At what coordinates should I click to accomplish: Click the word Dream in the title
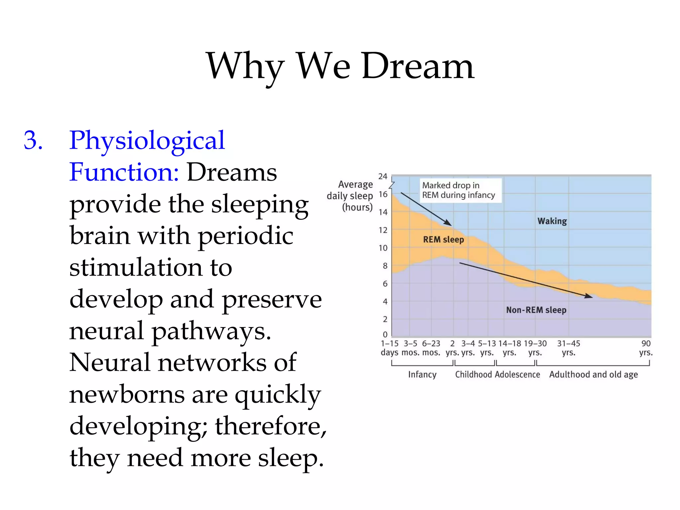(418, 66)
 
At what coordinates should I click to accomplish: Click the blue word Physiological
(147, 140)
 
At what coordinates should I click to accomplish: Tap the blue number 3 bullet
(33, 140)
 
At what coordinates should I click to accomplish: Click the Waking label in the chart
(552, 221)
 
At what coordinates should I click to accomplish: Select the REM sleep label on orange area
(443, 239)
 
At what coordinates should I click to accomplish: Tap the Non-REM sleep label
(536, 310)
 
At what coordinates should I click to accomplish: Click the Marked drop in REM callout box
(460, 190)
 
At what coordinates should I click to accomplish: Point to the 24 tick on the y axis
(382, 176)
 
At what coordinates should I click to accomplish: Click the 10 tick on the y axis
(383, 248)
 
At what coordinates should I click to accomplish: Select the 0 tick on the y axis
(385, 334)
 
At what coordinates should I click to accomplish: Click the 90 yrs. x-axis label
(645, 348)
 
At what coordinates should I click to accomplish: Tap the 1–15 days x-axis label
(389, 348)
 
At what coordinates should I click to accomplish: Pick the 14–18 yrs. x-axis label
(509, 348)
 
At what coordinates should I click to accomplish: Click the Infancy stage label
(422, 375)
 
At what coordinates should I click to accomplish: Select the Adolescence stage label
(517, 375)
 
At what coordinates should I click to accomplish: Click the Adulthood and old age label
(593, 375)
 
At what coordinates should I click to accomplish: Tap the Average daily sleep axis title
(350, 196)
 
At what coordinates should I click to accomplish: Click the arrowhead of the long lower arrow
(589, 296)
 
